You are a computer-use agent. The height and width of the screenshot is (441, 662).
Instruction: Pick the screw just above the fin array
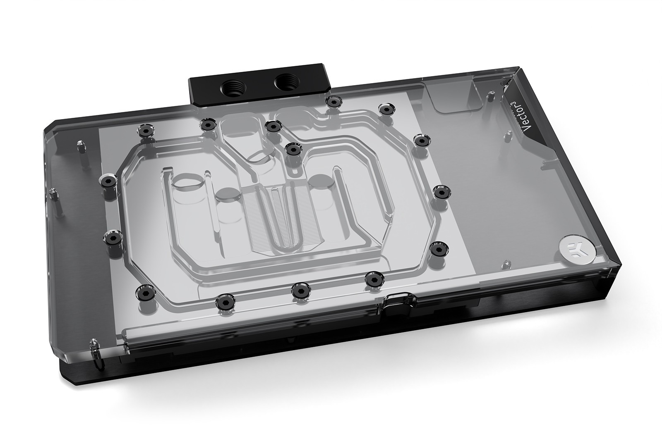click(293, 149)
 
